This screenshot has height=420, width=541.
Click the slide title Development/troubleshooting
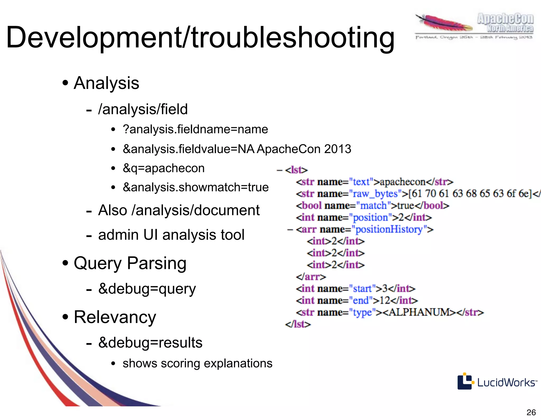[x=200, y=38]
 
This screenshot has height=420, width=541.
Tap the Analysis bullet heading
[x=106, y=83]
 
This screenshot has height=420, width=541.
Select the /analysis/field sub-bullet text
[x=143, y=109]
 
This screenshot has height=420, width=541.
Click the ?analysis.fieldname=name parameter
[x=195, y=129]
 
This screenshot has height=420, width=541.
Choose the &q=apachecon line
[x=164, y=168]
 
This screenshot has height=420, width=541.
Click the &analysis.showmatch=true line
[x=195, y=187]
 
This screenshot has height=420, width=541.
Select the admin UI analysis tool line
[x=171, y=235]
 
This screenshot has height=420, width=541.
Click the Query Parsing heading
[x=130, y=263]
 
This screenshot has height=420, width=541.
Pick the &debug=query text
[x=147, y=289]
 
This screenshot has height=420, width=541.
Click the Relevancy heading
[x=115, y=317]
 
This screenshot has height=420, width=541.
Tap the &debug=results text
[x=150, y=343]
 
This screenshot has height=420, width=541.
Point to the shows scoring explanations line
[x=197, y=363]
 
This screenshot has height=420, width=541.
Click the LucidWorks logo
[x=497, y=382]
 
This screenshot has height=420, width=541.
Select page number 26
[x=531, y=412]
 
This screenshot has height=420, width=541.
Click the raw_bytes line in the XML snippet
[x=417, y=194]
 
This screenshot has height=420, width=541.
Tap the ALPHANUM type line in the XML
[x=390, y=312]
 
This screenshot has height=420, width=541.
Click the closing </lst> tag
[x=298, y=324]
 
